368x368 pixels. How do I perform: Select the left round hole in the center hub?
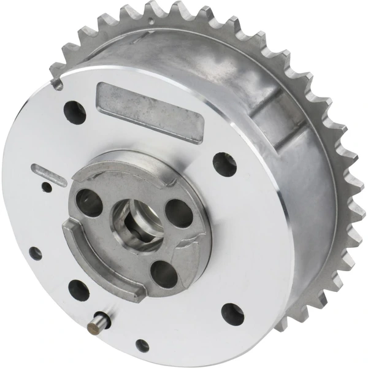90,202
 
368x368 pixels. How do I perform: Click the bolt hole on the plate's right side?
224,163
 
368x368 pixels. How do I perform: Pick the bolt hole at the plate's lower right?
232,313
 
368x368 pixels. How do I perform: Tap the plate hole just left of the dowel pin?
79,290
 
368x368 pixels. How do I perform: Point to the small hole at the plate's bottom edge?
142,345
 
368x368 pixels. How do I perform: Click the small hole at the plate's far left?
35,253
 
